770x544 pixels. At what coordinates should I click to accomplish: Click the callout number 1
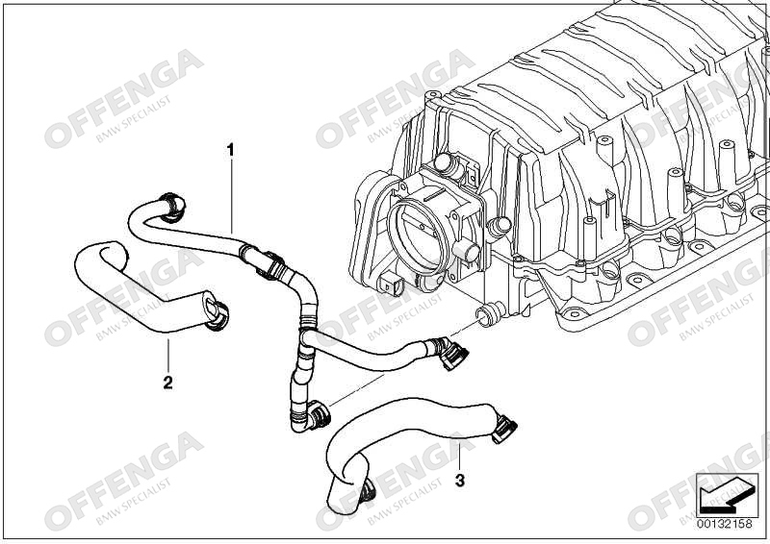pos(231,150)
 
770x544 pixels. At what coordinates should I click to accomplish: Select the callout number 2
pos(167,383)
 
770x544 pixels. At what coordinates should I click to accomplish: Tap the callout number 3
pos(460,481)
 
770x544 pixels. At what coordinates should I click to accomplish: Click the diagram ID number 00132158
pos(725,524)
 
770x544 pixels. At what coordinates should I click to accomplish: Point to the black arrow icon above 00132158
pos(725,494)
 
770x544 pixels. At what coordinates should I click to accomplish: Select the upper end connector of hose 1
pos(172,207)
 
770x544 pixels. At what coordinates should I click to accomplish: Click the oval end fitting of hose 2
pos(216,310)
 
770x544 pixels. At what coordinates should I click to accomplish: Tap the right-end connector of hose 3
pos(504,429)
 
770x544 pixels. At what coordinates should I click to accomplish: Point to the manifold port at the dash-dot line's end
pos(489,314)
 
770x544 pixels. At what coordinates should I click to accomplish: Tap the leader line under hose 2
pos(167,356)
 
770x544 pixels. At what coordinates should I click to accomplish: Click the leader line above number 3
pos(460,457)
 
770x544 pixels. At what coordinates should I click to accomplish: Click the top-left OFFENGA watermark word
pos(124,98)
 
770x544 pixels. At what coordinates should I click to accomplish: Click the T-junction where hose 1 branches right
pos(305,337)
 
